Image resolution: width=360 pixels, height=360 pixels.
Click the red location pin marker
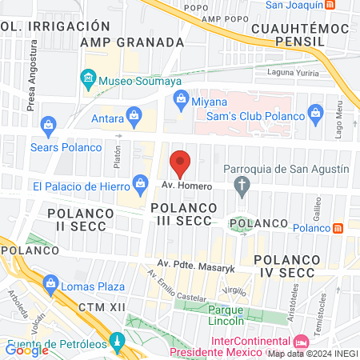181,163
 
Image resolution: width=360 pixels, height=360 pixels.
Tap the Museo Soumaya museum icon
88,79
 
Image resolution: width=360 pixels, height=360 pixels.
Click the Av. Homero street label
186,186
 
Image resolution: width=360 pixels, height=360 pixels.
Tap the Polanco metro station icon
338,228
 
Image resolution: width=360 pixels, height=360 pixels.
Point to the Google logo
26,349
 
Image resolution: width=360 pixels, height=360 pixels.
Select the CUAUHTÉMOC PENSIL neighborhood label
300,34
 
